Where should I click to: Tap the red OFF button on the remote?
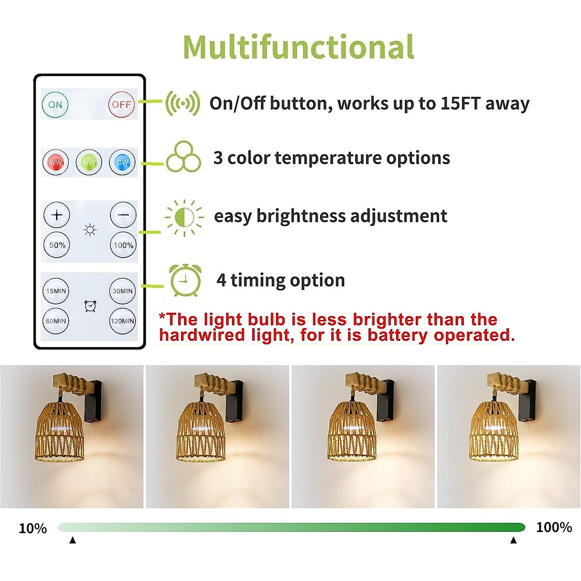coord(121,104)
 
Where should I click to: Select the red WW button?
coord(56,162)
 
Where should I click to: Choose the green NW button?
coord(89,162)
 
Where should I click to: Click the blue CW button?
coord(122,162)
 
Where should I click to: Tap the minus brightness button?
coord(123,214)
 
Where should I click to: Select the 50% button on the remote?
coord(57,245)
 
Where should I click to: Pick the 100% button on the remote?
coord(123,245)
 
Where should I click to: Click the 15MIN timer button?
coord(56,291)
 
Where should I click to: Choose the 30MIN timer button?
coord(122,291)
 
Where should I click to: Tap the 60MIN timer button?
coord(56,321)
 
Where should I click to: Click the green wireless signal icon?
coord(183,104)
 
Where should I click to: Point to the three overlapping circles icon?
coord(183,157)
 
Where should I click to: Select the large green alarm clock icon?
coord(185,280)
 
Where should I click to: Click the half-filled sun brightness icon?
coord(184,217)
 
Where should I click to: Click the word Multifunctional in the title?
coord(299,47)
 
